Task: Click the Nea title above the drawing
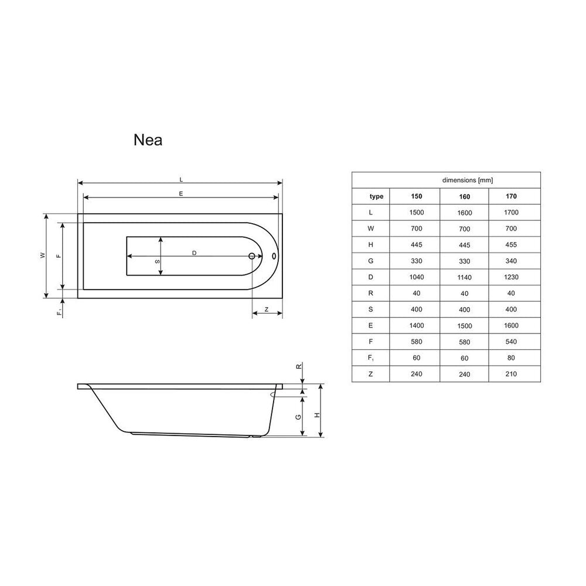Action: pos(148,140)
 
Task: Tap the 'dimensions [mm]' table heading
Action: pos(468,180)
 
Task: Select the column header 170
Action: pos(511,196)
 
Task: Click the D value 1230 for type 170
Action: pos(511,277)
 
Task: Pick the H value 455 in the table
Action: pos(511,245)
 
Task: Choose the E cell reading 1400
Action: pos(416,325)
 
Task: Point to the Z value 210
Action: pos(511,374)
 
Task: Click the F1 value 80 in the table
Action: pos(511,357)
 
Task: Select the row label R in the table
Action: pos(370,294)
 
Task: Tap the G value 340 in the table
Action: pos(511,261)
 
